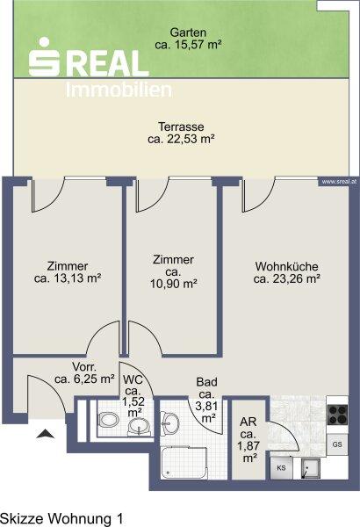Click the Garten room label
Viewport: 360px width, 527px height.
point(188,33)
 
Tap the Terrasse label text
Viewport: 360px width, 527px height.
point(181,126)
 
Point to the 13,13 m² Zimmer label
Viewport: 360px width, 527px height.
point(68,272)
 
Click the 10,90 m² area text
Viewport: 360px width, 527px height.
point(173,284)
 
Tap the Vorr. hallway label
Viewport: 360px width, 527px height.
point(82,366)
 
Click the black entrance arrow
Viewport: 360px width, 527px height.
point(46,434)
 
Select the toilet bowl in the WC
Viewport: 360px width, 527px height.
point(108,420)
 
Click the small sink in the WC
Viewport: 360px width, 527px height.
point(139,428)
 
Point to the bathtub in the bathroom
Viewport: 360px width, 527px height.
point(184,462)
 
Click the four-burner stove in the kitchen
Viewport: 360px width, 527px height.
point(337,415)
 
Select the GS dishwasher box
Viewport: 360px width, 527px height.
point(337,444)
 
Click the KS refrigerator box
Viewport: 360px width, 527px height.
point(281,467)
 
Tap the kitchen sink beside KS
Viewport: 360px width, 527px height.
point(311,468)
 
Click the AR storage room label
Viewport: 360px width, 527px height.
point(248,421)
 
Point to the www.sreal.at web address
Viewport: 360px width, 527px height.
point(339,182)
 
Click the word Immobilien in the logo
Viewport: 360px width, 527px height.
point(119,90)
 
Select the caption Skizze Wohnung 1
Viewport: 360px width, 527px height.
point(61,518)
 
